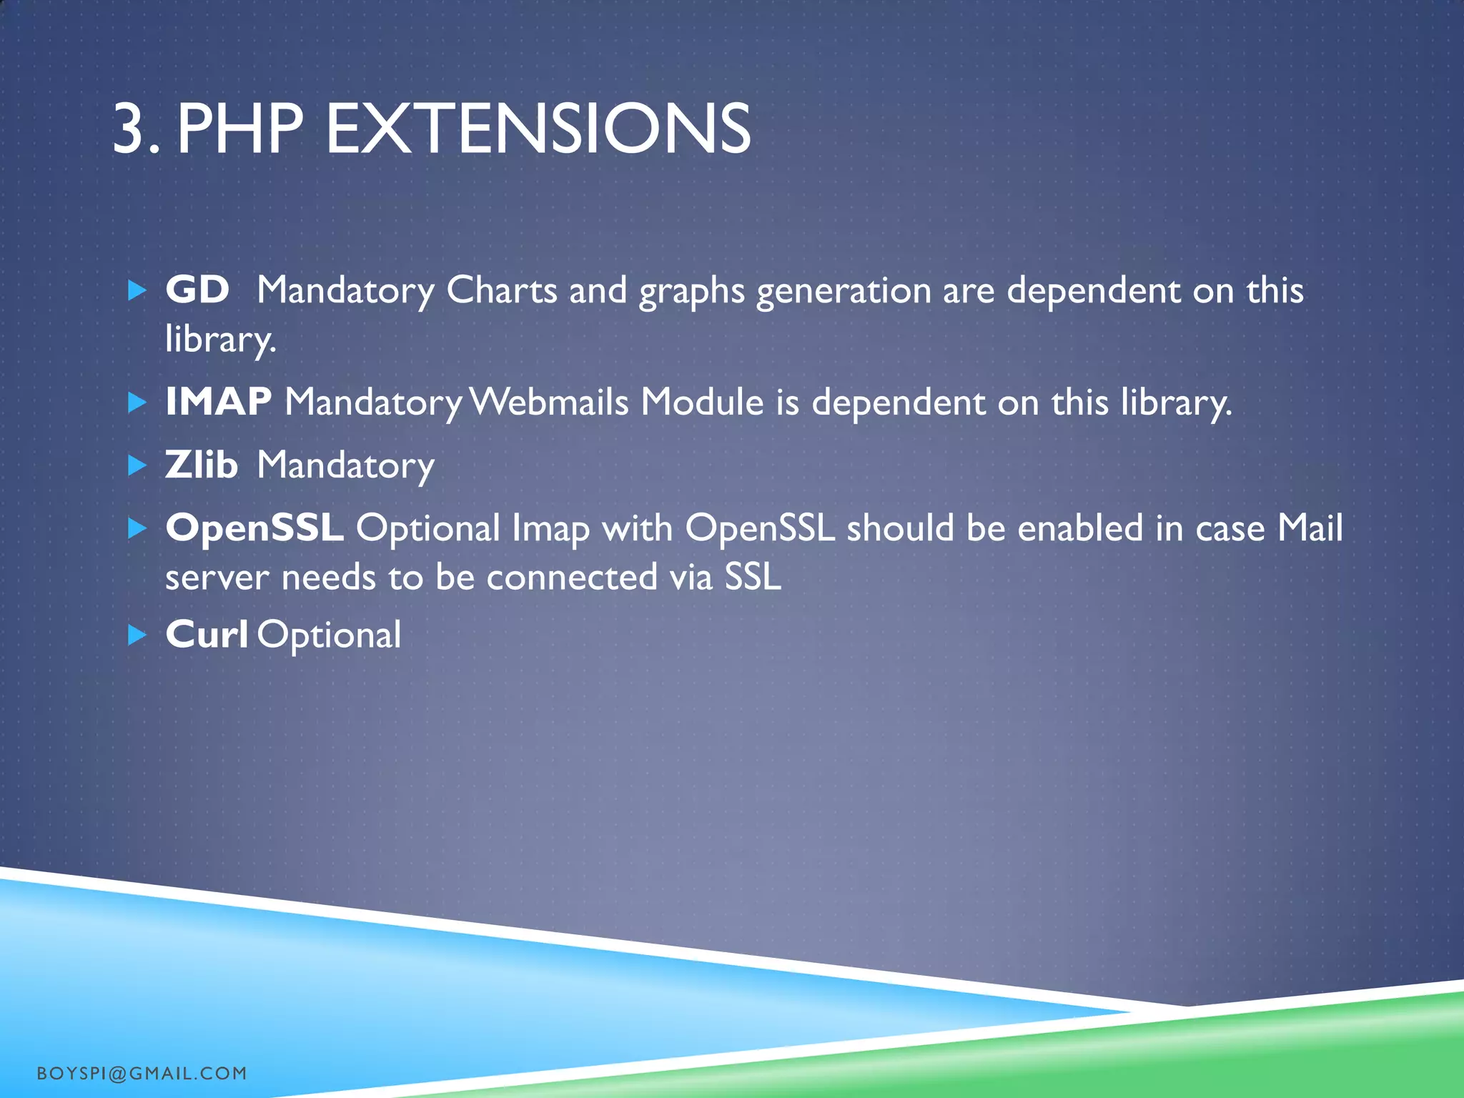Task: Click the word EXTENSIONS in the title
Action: click(538, 129)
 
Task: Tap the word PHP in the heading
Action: click(240, 129)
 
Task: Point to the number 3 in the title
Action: click(129, 129)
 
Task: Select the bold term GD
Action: click(197, 290)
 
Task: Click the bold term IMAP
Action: click(219, 401)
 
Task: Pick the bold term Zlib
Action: click(202, 465)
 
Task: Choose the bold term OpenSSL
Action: click(254, 528)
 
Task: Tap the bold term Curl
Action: click(207, 634)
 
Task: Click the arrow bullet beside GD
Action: click(137, 290)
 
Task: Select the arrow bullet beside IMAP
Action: click(137, 402)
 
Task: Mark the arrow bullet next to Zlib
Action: click(137, 466)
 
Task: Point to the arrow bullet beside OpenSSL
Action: click(137, 529)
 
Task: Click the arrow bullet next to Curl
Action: click(137, 635)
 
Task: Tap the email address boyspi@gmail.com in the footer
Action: click(142, 1073)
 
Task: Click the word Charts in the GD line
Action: click(502, 290)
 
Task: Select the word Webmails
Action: click(550, 402)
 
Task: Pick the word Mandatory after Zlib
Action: click(345, 466)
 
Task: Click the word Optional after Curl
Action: click(329, 635)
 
